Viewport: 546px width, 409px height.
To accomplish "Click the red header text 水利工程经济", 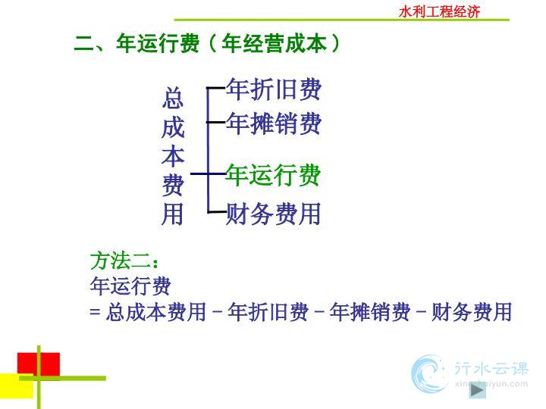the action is point(439,12).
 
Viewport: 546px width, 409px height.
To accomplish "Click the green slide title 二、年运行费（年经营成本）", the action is point(207,43).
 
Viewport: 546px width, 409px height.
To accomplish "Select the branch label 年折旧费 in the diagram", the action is point(273,89).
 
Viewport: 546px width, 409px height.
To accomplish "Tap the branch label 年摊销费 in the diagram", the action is point(273,123).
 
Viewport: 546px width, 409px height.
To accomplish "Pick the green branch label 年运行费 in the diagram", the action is point(273,175).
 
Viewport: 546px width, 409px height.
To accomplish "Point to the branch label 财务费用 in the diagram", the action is point(273,214).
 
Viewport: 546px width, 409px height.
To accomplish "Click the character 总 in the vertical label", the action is point(173,98).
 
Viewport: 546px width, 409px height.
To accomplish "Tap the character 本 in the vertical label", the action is point(173,156).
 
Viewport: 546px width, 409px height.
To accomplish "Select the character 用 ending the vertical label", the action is point(173,214).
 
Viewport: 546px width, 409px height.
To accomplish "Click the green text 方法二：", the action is point(124,261).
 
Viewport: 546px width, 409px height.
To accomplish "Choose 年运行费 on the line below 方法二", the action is point(130,286).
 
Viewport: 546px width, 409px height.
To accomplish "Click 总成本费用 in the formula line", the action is point(156,311).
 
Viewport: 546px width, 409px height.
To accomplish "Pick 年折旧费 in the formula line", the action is point(268,311).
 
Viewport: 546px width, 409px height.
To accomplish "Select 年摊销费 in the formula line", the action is point(370,311).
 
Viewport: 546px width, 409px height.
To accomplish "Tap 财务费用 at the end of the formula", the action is point(472,311).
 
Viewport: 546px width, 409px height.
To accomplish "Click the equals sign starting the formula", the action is point(95,311).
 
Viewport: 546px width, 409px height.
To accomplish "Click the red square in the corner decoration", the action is point(39,364).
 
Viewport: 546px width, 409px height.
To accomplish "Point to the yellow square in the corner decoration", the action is point(17,386).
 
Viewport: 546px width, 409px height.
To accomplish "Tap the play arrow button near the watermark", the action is point(477,391).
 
